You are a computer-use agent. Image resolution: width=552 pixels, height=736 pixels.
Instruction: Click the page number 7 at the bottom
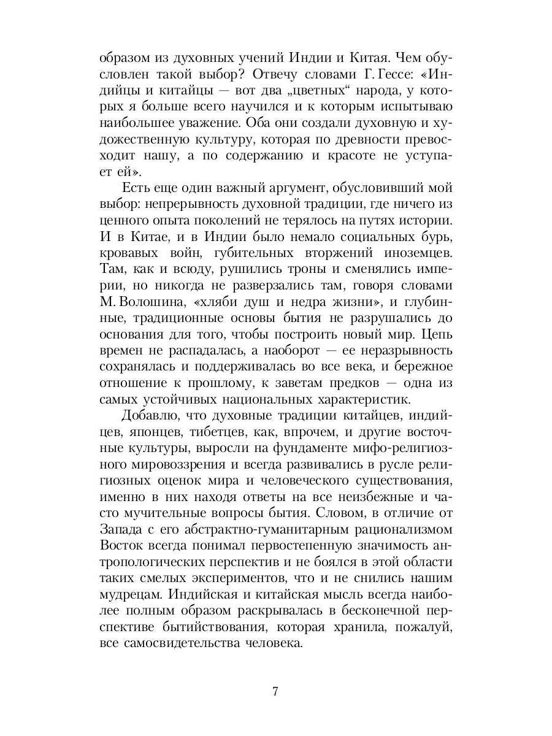(x=275, y=692)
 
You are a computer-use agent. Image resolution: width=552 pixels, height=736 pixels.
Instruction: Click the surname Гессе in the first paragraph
(x=374, y=75)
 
